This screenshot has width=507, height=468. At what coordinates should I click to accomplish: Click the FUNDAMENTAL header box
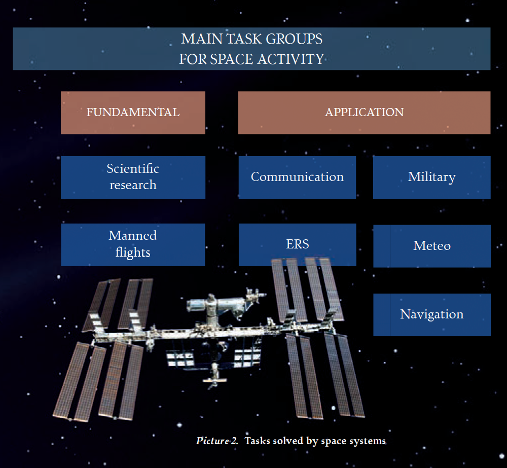(133, 113)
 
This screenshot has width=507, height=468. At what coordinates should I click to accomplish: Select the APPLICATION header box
(364, 113)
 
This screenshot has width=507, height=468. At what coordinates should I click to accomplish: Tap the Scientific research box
(133, 177)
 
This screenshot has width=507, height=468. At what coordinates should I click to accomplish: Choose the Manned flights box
(133, 244)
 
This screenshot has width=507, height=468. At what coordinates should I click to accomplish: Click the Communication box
(297, 177)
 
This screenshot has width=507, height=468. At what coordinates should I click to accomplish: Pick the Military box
(431, 177)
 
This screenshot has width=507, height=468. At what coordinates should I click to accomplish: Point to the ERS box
(298, 244)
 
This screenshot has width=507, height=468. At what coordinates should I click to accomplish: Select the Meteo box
(432, 246)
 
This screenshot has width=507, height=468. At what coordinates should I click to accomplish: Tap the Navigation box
(432, 315)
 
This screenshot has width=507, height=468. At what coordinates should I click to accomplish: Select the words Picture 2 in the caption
(217, 441)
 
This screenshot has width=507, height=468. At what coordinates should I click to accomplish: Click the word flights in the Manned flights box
(133, 253)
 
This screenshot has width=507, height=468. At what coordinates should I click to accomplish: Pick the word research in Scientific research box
(133, 185)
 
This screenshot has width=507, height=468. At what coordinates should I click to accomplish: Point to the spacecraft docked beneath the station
(214, 375)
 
